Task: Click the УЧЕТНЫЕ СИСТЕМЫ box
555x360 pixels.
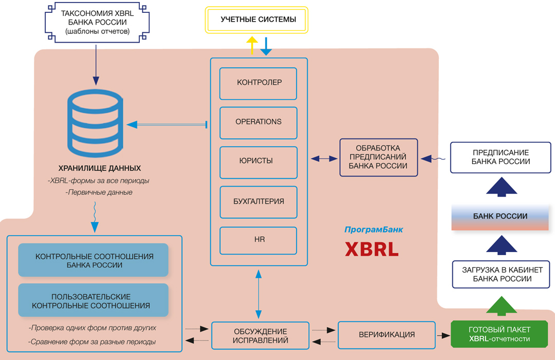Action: click(257, 20)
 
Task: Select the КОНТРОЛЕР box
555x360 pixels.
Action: click(258, 83)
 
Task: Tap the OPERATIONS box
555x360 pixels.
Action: click(258, 122)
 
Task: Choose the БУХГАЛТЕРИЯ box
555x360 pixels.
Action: click(258, 202)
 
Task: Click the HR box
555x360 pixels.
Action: click(258, 240)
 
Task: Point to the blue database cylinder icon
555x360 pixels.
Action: click(96, 124)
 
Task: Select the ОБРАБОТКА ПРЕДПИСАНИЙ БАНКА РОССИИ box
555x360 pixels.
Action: click(378, 157)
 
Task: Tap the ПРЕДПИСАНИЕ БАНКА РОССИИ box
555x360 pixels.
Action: click(501, 157)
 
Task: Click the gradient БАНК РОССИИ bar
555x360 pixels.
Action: click(501, 217)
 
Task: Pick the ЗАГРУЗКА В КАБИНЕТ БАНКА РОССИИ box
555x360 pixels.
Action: click(501, 275)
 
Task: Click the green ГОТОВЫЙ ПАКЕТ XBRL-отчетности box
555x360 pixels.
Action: click(499, 334)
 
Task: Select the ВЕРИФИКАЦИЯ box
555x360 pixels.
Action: click(386, 335)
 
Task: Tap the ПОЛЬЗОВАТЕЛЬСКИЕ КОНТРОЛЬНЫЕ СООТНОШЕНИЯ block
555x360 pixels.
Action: click(93, 301)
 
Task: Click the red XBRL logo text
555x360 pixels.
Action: click(372, 249)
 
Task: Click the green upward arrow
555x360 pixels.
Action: click(501, 305)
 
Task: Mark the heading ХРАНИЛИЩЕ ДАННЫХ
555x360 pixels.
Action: click(100, 169)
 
